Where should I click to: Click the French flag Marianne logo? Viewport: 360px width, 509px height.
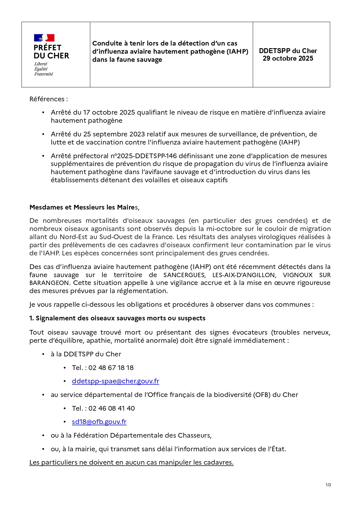point(44,38)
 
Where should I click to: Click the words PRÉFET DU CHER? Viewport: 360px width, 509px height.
point(51,52)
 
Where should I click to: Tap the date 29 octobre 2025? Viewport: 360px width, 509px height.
point(288,59)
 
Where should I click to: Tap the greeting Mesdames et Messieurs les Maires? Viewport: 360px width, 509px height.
point(84,207)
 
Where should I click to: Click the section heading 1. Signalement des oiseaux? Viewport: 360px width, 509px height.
point(117,318)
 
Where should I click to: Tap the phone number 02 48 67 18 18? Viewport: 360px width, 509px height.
point(111,368)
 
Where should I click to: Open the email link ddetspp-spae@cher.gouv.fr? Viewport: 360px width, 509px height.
point(115,381)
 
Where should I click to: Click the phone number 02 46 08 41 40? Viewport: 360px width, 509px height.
point(111,409)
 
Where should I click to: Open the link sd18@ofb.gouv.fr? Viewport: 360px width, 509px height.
point(99,422)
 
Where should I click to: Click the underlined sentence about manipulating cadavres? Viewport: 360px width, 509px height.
point(131,463)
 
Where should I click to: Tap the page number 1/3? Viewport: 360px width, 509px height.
point(328,485)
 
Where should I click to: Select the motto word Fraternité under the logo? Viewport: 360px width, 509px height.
point(44,74)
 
